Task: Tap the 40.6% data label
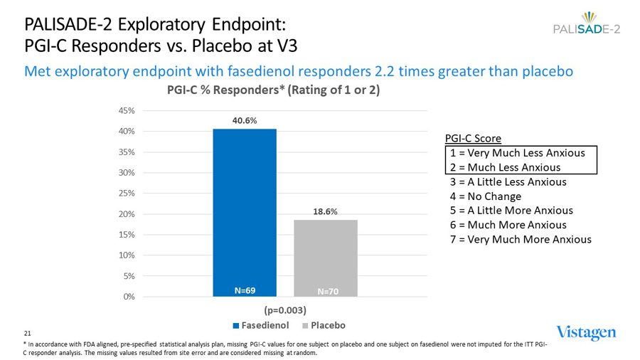click(245, 121)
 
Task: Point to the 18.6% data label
click(325, 211)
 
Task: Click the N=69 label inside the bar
click(245, 290)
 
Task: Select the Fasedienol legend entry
click(261, 325)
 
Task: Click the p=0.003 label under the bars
click(285, 310)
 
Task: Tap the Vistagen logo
click(587, 332)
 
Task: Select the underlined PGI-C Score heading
click(473, 138)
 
